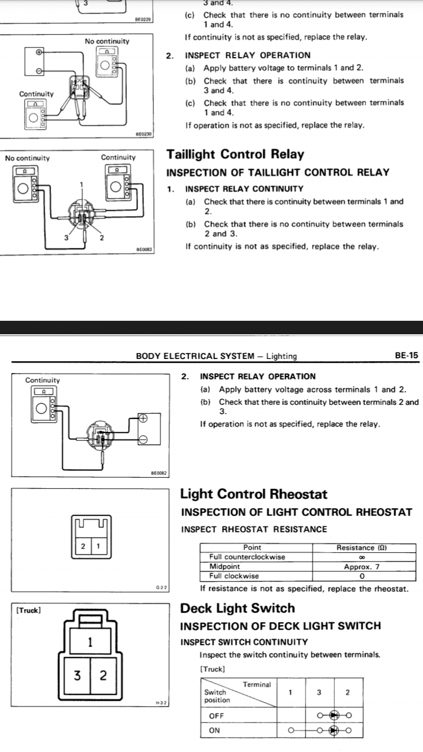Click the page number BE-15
(x=407, y=355)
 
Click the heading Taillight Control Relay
(x=236, y=154)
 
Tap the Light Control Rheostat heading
(x=253, y=494)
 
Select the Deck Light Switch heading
(x=238, y=608)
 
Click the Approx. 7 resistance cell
(x=362, y=567)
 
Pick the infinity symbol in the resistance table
(x=362, y=557)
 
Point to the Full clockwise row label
(x=234, y=576)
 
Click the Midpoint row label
(x=224, y=566)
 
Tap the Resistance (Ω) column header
(x=361, y=548)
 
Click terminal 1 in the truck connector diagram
(x=90, y=642)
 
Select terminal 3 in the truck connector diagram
(x=77, y=675)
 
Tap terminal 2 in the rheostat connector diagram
(x=83, y=546)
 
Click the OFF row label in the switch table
(x=217, y=716)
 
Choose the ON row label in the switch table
(x=214, y=730)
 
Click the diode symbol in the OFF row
(x=334, y=715)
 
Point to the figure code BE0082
(x=159, y=473)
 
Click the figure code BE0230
(x=143, y=134)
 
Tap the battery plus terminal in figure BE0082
(x=143, y=418)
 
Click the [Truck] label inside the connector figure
(x=29, y=610)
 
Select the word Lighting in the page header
(x=281, y=356)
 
